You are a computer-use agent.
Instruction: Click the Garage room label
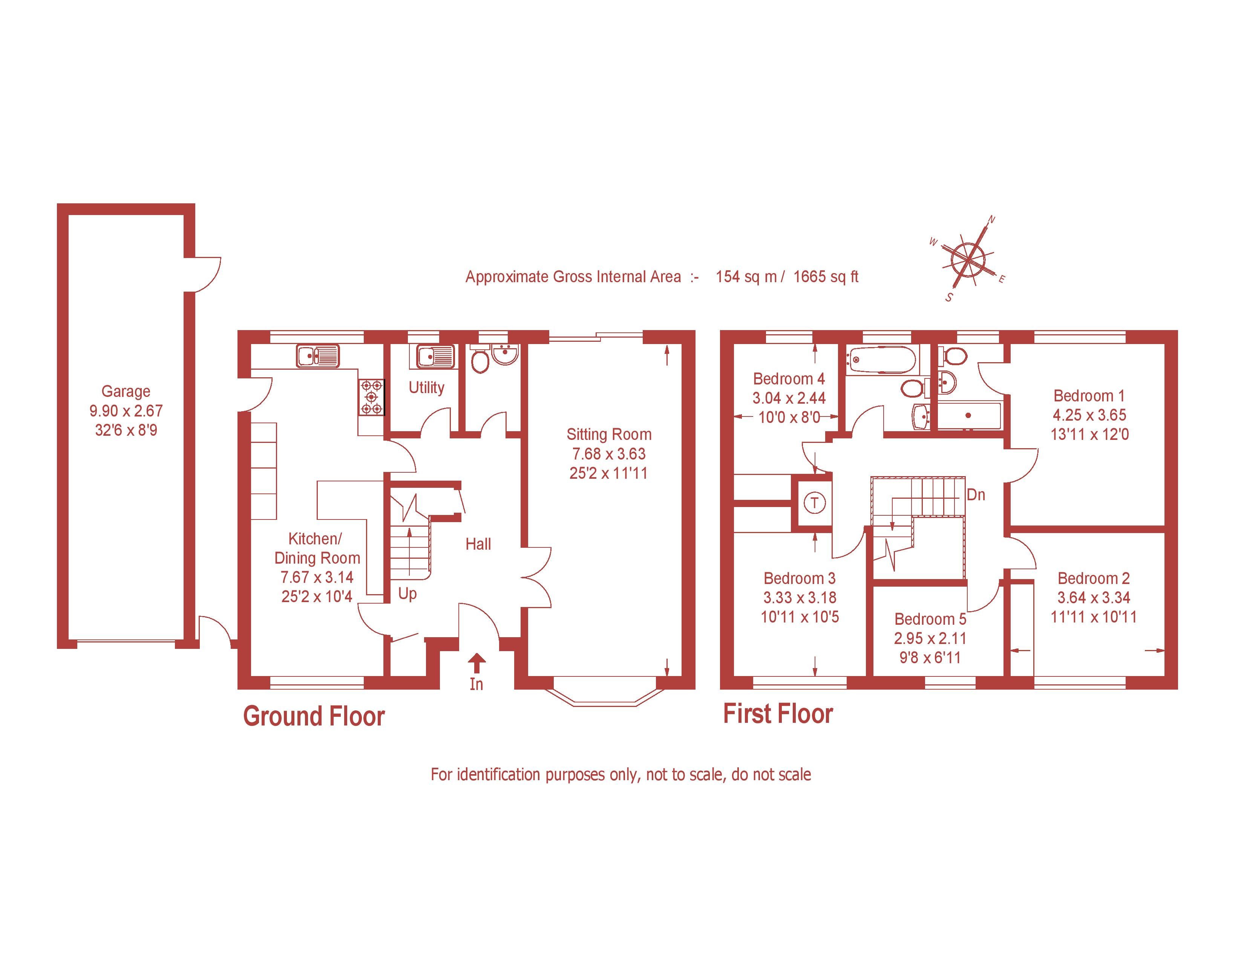pyautogui.click(x=126, y=392)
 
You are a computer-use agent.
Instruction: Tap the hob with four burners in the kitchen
pyautogui.click(x=371, y=397)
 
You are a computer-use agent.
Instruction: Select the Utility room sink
pyautogui.click(x=431, y=357)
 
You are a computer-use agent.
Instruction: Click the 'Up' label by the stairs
pyautogui.click(x=407, y=594)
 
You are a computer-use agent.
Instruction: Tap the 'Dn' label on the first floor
pyautogui.click(x=976, y=495)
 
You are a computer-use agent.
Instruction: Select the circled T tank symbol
pyautogui.click(x=815, y=503)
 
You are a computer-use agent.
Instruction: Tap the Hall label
pyautogui.click(x=478, y=544)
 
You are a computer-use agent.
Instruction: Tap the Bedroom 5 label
pyautogui.click(x=930, y=619)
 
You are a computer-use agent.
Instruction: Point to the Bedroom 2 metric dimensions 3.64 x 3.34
pyautogui.click(x=1093, y=598)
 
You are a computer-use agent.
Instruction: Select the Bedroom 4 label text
pyautogui.click(x=789, y=379)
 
